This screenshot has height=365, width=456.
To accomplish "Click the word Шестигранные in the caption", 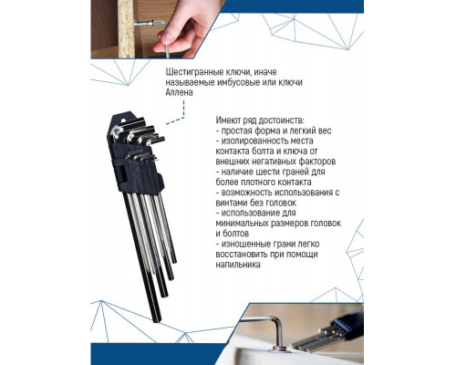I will coord(193,71).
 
